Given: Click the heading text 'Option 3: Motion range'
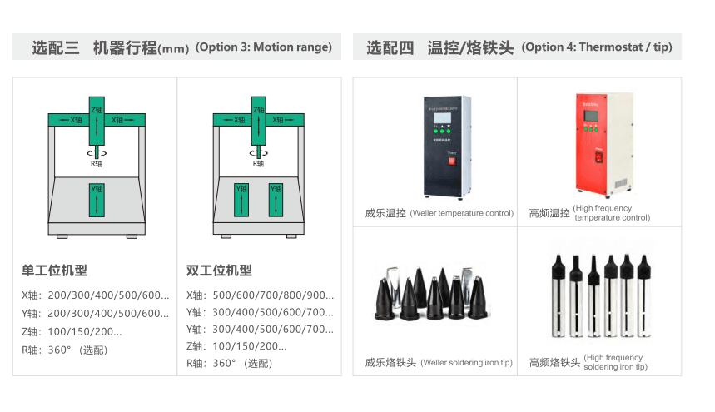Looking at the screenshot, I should coord(263,47).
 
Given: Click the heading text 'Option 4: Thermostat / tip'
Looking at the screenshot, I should coord(596,47).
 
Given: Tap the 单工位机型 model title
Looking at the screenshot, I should coord(54,271).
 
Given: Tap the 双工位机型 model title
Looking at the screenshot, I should coord(219,271).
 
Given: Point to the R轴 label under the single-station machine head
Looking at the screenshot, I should coord(97,164).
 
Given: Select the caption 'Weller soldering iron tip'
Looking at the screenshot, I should coord(466,363).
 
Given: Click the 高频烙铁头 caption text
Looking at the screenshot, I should coord(554,363).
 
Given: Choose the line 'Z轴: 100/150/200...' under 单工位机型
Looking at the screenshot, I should coord(72,332).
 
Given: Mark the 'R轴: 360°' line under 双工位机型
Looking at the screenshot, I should coord(229,364).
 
